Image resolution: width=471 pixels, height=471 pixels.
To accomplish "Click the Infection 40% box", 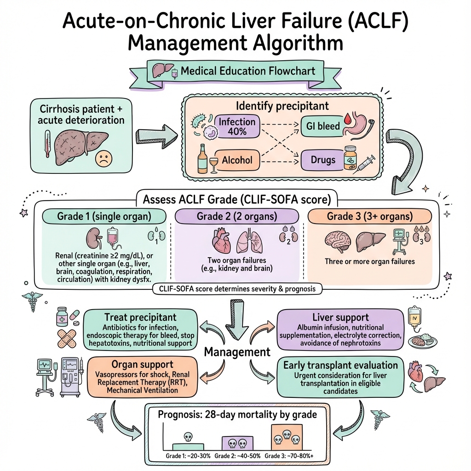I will point(237,126).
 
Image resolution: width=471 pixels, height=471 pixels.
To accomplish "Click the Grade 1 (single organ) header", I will point(104,216).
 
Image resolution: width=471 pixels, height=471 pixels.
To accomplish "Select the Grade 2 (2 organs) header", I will point(236,216).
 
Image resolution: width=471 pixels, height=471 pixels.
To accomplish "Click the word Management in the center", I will point(237,352).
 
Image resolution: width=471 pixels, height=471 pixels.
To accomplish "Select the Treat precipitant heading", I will point(140,317).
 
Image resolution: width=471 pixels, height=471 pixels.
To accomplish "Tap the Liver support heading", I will point(340,317).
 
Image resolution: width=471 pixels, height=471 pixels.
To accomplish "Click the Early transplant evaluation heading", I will point(340,365).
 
